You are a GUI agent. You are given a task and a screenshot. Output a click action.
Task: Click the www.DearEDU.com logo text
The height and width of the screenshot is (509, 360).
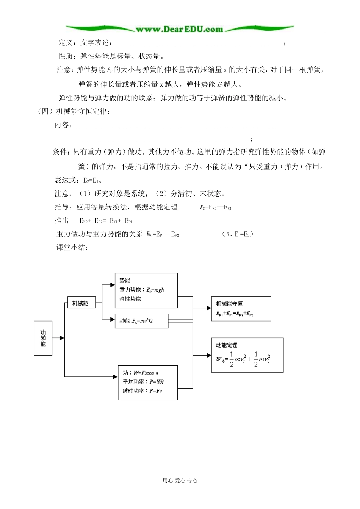click(x=179, y=29)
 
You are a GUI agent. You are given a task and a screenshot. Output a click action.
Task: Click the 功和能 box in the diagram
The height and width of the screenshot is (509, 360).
click(x=43, y=338)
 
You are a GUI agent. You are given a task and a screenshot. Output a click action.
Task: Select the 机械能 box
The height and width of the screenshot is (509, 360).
click(x=80, y=303)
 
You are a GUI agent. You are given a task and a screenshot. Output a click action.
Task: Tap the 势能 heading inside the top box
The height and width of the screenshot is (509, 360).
click(x=125, y=281)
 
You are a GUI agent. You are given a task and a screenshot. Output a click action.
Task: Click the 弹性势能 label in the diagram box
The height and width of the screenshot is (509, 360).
click(x=130, y=299)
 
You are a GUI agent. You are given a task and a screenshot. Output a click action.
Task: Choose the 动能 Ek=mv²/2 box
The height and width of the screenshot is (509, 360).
click(x=141, y=321)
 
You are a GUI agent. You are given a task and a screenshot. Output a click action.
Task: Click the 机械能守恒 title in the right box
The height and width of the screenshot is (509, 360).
click(x=229, y=304)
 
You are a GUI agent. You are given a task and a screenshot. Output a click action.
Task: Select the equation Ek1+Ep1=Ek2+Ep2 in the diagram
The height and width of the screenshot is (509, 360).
click(x=235, y=313)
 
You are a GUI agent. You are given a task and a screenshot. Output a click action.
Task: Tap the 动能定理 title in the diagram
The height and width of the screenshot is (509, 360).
click(x=227, y=345)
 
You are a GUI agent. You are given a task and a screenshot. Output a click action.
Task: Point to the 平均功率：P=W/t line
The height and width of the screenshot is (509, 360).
click(x=143, y=382)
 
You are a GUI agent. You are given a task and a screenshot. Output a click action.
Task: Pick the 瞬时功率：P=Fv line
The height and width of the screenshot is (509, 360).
click(x=142, y=391)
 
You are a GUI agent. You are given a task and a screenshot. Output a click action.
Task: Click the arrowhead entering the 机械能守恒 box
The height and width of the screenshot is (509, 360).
click(x=209, y=308)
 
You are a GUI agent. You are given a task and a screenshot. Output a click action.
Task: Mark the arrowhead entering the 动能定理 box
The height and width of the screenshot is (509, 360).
click(x=209, y=356)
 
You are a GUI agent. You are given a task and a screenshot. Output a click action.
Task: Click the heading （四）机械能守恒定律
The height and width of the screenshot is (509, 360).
click(x=74, y=112)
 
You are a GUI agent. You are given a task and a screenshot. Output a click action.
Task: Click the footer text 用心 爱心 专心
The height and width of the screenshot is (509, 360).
click(x=180, y=481)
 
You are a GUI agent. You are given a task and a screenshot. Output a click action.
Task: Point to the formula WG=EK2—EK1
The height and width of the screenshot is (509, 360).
click(x=215, y=207)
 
